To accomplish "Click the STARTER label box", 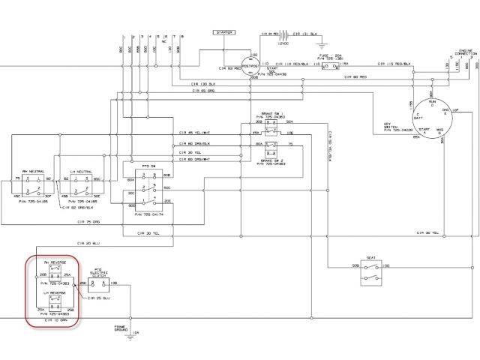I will click(223, 33).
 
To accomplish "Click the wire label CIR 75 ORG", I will click(89, 223).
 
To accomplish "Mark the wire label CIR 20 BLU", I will click(88, 244).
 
